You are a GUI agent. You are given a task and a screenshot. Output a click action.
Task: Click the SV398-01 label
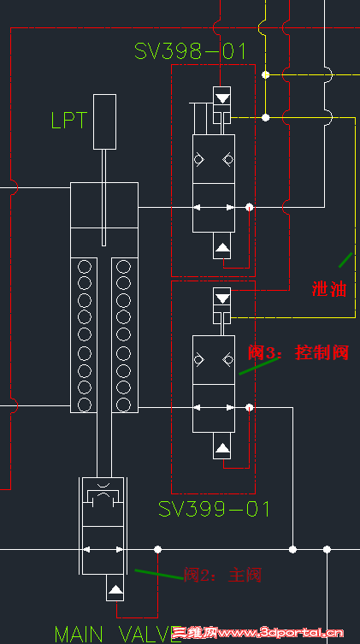(x=190, y=51)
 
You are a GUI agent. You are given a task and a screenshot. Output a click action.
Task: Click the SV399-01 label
(x=214, y=509)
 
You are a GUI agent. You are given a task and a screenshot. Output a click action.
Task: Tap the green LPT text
(x=68, y=121)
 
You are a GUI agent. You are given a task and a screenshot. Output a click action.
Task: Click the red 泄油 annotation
(x=329, y=288)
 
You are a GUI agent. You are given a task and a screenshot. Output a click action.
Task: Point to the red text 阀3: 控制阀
(x=298, y=352)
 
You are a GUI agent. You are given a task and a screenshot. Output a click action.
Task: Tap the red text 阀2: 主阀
(x=222, y=576)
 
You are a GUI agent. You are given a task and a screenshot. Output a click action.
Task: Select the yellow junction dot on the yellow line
(x=265, y=75)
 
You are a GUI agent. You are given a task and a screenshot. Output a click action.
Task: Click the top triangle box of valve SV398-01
(x=222, y=95)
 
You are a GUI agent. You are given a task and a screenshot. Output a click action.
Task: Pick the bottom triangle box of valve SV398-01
(x=222, y=248)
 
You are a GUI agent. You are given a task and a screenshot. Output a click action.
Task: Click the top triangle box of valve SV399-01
(x=222, y=298)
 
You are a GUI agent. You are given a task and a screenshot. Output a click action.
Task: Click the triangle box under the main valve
(x=115, y=590)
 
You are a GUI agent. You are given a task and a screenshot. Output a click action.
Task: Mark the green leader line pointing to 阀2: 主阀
(x=158, y=573)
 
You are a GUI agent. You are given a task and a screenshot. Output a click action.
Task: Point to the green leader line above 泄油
(x=345, y=257)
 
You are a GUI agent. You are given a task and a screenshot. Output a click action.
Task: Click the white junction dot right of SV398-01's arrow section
(x=249, y=207)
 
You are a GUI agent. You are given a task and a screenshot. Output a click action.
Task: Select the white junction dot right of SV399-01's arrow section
(x=249, y=407)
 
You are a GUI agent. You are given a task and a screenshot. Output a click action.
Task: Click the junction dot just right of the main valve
(x=157, y=548)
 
